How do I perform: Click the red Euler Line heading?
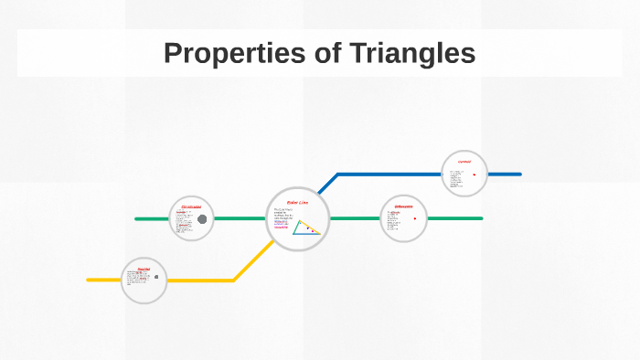pos(298,202)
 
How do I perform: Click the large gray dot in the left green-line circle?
pos(202,218)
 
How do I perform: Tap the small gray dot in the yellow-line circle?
pos(156,276)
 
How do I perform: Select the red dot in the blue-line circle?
pos(474,175)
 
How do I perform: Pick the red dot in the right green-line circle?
pos(415,218)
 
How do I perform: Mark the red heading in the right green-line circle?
pos(404,206)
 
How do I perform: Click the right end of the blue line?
pos(519,174)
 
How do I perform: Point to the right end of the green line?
pos(481,218)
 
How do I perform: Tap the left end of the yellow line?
pos(89,280)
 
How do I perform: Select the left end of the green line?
pos(136,219)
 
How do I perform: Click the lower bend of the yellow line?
pos(234,280)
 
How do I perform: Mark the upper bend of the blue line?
pos(338,174)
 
